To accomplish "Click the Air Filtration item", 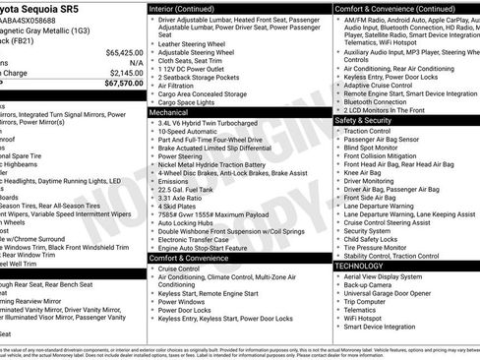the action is click(183, 87).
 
